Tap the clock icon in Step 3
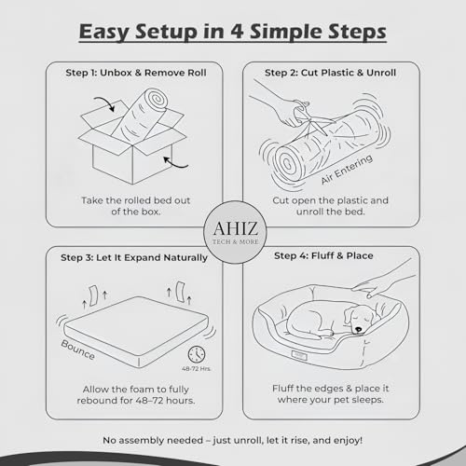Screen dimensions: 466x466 pyautogui.click(x=197, y=354)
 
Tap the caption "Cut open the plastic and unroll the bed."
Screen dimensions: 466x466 pyautogui.click(x=330, y=207)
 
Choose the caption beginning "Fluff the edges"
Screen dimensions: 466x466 pyautogui.click(x=330, y=395)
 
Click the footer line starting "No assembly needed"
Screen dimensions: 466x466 pyautogui.click(x=232, y=437)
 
